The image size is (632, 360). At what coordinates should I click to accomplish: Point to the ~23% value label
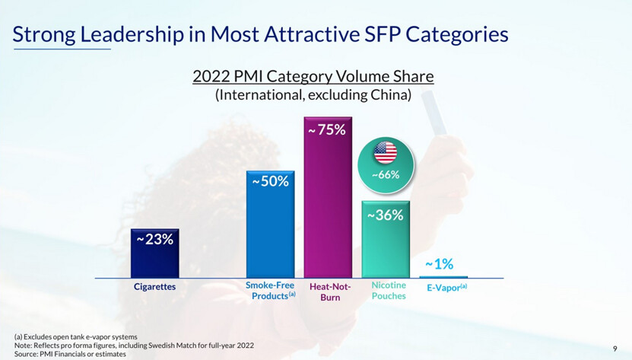tap(154, 239)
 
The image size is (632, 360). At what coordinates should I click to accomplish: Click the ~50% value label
tap(270, 182)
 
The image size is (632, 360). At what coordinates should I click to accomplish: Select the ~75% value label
tap(328, 129)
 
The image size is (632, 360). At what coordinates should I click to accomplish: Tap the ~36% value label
tap(386, 215)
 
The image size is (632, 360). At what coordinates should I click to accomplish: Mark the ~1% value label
tap(439, 265)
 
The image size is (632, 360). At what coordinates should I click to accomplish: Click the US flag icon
tap(385, 152)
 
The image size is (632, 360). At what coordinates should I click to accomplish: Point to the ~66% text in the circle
tap(385, 174)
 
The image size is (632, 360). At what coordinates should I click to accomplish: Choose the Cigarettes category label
tap(154, 287)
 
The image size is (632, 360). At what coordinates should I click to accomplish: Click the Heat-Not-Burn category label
tap(329, 292)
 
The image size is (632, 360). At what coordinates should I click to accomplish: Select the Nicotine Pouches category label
tap(388, 290)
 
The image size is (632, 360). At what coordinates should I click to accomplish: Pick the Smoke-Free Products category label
tap(271, 290)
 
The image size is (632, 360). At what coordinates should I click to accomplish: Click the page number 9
tap(615, 349)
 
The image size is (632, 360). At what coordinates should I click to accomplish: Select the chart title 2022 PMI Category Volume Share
tap(313, 77)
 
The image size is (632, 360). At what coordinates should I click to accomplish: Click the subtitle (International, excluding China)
tap(313, 96)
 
